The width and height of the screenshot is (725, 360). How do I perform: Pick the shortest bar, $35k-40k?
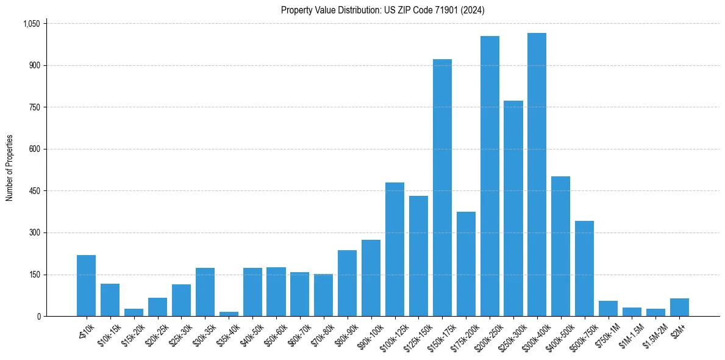pyautogui.click(x=229, y=314)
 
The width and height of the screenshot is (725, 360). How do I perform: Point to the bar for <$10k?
pyautogui.click(x=86, y=286)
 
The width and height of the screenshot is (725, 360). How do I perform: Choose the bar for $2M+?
pyautogui.click(x=679, y=307)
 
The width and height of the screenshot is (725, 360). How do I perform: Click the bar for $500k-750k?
pyautogui.click(x=584, y=268)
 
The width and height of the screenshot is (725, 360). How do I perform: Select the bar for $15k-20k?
pyautogui.click(x=134, y=312)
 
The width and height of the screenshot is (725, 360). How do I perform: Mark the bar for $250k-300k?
pyautogui.click(x=513, y=208)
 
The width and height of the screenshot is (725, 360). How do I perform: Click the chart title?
pyautogui.click(x=383, y=10)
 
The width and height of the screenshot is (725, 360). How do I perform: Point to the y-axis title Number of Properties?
pyautogui.click(x=10, y=168)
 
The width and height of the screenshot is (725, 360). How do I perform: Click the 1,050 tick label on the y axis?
pyautogui.click(x=31, y=24)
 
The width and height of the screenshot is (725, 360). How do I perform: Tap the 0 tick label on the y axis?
pyautogui.click(x=38, y=316)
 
